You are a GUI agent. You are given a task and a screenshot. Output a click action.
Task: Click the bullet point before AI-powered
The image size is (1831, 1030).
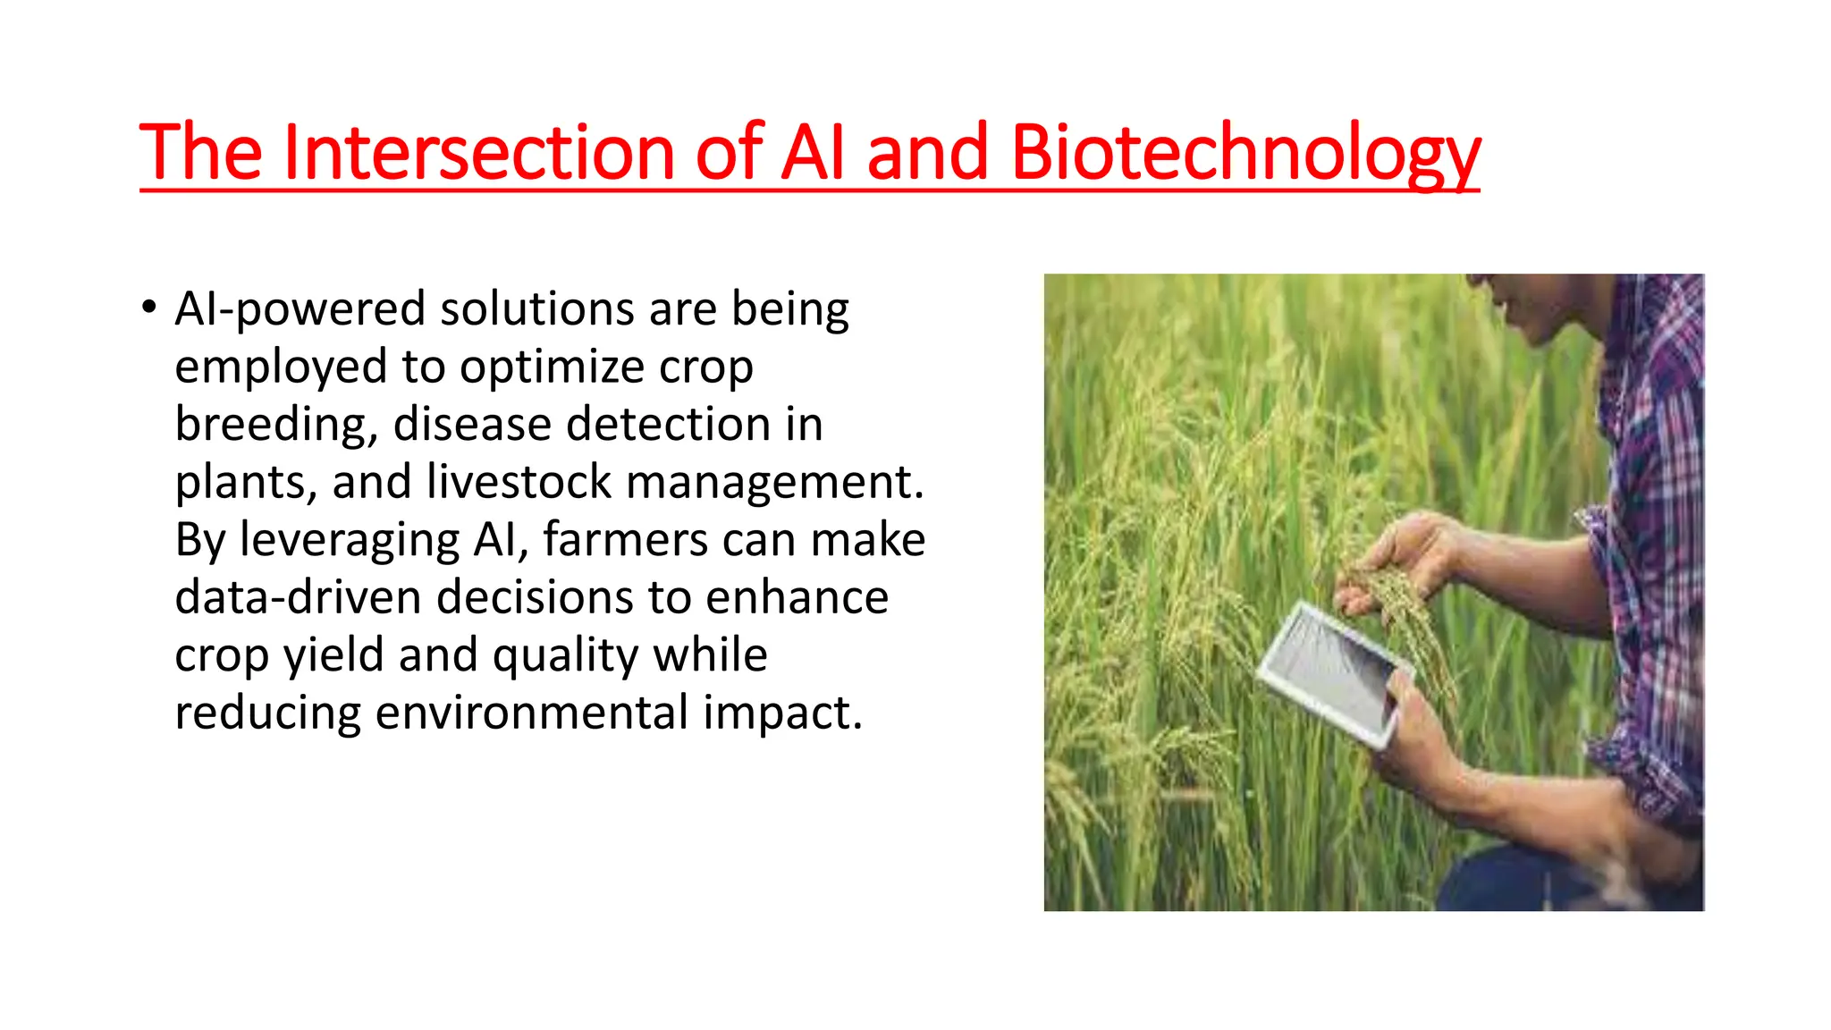(x=148, y=308)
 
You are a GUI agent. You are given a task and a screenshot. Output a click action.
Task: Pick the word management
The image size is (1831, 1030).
(x=774, y=483)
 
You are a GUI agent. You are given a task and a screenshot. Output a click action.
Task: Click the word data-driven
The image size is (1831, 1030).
(x=297, y=597)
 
